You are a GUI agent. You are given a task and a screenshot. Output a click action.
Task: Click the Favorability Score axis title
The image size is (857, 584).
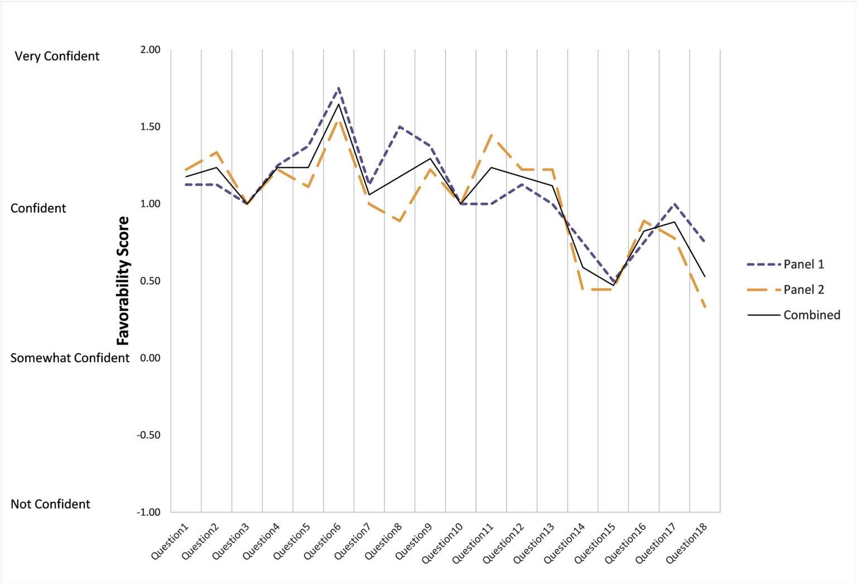coord(123,280)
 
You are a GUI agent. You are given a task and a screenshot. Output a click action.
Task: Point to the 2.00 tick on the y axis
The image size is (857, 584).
coord(150,50)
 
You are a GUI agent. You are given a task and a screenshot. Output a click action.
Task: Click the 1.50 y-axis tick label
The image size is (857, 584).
coord(150,127)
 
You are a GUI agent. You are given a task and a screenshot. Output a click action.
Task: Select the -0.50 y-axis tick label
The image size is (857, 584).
coord(148,435)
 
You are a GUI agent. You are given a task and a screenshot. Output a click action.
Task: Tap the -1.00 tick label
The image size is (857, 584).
coord(148,512)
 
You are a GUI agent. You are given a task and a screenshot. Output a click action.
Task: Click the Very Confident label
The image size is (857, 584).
coord(57,56)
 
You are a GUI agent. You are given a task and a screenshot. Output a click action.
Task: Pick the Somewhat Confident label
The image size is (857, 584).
coord(70,358)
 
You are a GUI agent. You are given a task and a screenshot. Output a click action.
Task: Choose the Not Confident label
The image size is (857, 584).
coord(50,504)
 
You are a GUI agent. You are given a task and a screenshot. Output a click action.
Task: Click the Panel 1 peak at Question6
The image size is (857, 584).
coord(339,88)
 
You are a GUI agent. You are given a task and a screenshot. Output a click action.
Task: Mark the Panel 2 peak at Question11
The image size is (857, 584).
coord(491,135)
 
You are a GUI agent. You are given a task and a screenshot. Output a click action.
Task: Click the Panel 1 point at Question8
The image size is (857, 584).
coord(399,127)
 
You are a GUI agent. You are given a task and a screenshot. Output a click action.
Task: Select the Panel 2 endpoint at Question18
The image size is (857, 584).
coord(705,307)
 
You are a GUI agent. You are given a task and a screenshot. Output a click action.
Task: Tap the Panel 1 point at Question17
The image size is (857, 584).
coord(675,204)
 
